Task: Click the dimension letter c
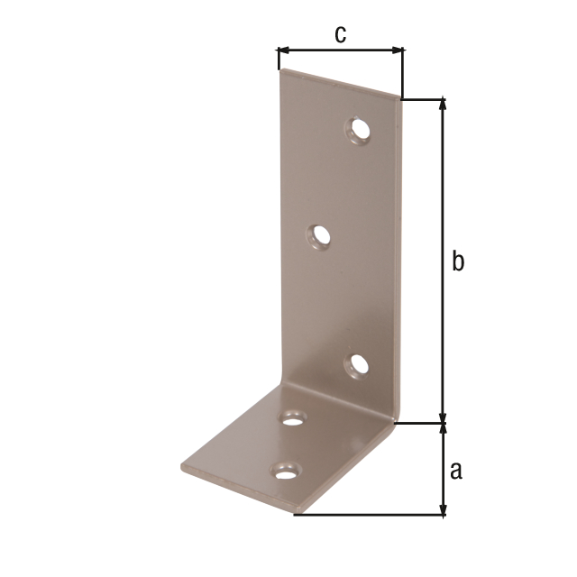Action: [x=340, y=34]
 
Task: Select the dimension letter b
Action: [x=458, y=261]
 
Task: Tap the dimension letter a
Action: [x=456, y=470]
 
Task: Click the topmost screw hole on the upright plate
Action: [x=359, y=132]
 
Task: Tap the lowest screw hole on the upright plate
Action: [x=358, y=365]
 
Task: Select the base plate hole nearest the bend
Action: [x=293, y=417]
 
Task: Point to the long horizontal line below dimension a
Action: [x=370, y=515]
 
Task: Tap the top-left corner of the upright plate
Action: [x=281, y=70]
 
